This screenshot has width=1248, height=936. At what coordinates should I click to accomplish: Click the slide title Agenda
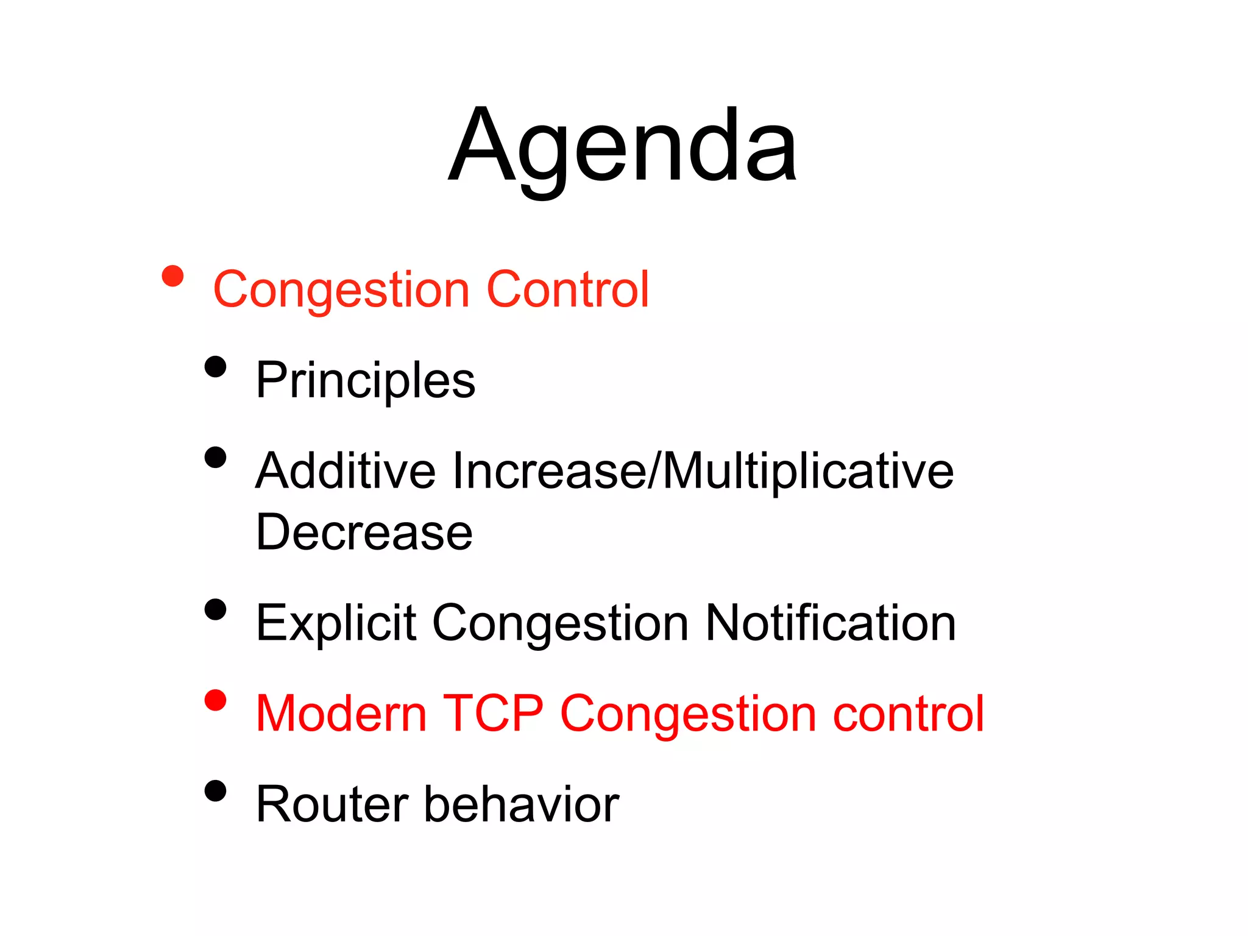click(x=623, y=146)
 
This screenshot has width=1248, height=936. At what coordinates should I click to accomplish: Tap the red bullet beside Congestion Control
click(x=173, y=276)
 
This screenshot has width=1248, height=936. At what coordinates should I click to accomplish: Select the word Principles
click(x=365, y=381)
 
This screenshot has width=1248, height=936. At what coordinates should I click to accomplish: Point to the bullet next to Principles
click(x=216, y=367)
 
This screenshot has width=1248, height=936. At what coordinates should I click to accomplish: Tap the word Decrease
click(x=364, y=532)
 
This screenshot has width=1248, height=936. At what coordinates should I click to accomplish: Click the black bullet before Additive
click(x=216, y=457)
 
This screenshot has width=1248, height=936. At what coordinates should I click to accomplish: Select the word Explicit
click(x=335, y=623)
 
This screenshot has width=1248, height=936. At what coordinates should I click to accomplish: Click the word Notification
click(x=830, y=623)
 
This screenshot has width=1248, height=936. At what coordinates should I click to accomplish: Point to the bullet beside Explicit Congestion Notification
click(x=216, y=609)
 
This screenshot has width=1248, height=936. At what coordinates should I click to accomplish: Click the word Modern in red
click(x=341, y=713)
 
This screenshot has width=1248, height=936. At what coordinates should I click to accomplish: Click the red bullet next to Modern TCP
click(x=216, y=700)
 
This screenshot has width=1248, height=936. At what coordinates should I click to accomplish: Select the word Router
click(x=332, y=804)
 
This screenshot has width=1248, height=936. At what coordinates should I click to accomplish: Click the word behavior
click(x=522, y=804)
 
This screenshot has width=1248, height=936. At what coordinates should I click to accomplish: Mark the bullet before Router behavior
click(x=216, y=791)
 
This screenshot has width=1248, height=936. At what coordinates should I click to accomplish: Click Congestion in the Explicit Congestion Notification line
click(x=560, y=624)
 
